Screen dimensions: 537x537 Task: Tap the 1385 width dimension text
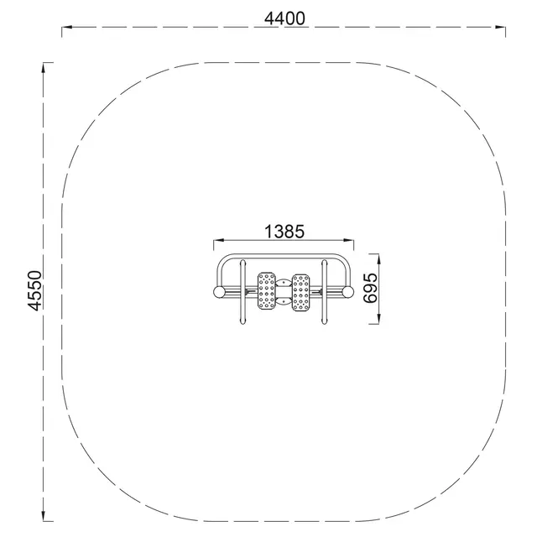click(283, 231)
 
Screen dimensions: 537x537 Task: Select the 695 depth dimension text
click(371, 288)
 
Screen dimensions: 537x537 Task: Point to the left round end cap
click(219, 292)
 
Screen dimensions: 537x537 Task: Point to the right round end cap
click(347, 292)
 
